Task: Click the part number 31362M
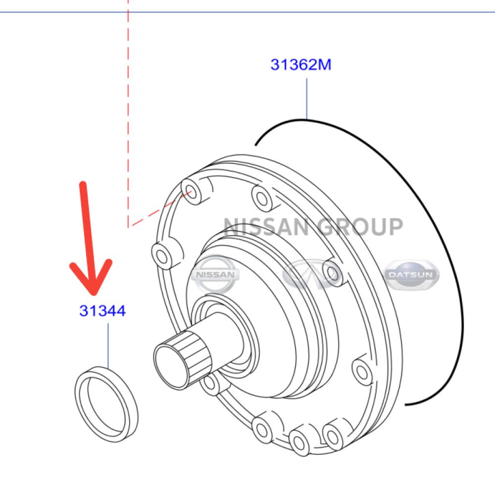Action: click(x=301, y=64)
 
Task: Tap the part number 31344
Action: click(x=102, y=311)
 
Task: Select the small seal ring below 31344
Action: click(x=106, y=404)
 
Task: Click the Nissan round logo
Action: click(x=215, y=274)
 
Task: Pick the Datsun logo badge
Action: click(x=411, y=275)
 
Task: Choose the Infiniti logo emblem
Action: click(x=311, y=274)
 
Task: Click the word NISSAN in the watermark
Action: click(x=266, y=227)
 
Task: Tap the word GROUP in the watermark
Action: click(x=360, y=227)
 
